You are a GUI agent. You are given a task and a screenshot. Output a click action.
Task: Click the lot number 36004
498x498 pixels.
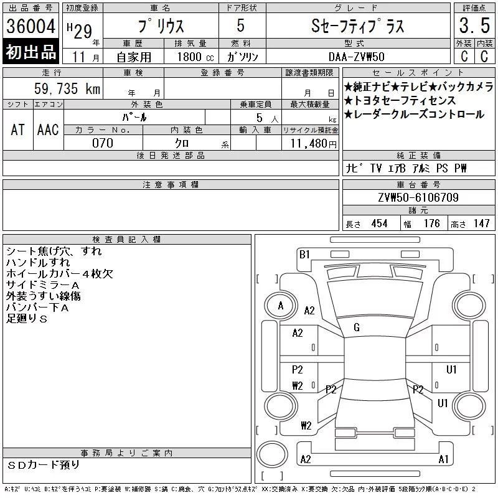click(31, 26)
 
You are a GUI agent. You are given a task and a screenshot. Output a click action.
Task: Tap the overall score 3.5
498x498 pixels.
click(474, 25)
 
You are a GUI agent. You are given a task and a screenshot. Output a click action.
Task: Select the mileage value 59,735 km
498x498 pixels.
click(67, 88)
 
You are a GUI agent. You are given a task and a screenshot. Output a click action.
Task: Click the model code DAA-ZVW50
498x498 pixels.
click(356, 57)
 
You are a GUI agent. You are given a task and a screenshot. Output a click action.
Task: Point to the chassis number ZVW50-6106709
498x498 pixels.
click(418, 197)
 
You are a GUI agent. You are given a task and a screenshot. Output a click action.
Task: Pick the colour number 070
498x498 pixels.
click(103, 143)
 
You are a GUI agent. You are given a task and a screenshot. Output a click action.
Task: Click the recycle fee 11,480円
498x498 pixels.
click(314, 144)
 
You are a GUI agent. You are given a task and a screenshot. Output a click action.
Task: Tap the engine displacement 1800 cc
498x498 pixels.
click(195, 57)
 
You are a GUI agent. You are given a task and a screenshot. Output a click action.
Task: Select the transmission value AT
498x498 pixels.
click(18, 129)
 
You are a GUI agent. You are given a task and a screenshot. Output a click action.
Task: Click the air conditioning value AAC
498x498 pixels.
click(48, 129)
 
